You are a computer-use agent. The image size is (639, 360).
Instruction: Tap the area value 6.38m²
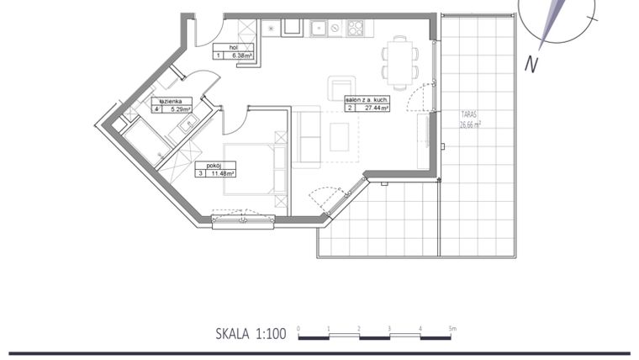click(x=244, y=56)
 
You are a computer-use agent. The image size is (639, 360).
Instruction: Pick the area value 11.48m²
click(x=223, y=173)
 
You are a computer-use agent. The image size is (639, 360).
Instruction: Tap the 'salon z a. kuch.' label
click(x=366, y=99)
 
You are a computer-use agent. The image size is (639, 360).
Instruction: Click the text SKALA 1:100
click(x=251, y=334)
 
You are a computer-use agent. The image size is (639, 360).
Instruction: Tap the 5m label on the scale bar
click(x=452, y=327)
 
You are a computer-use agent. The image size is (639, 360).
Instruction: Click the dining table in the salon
click(x=400, y=61)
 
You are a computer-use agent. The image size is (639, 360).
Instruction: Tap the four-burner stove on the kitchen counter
click(x=355, y=29)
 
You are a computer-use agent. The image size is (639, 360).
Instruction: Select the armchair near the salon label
click(x=341, y=87)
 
